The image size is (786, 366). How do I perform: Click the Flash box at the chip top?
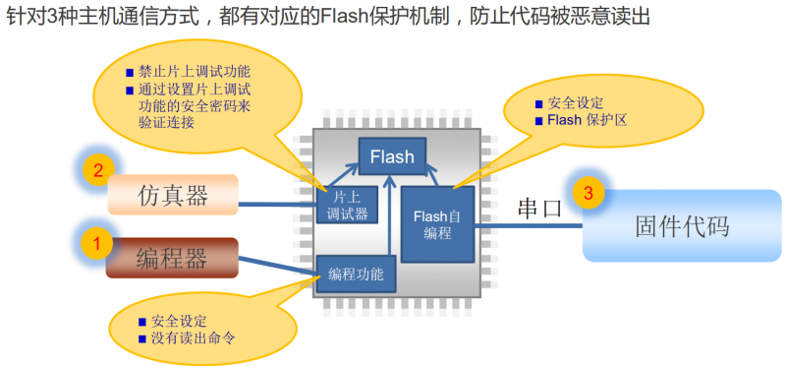tap(392, 156)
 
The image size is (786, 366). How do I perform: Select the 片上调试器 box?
tap(343, 204)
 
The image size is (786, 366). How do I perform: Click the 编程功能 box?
tap(357, 273)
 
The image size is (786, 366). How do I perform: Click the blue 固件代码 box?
tap(682, 226)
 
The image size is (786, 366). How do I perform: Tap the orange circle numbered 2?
tap(97, 170)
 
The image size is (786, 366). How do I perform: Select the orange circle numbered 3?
tap(588, 194)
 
